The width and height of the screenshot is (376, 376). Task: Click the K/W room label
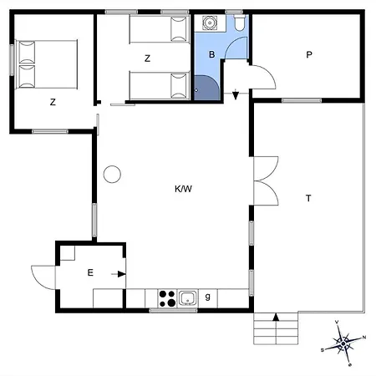click(183, 189)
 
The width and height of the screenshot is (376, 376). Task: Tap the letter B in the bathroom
click(212, 54)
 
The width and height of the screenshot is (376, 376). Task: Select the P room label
click(309, 54)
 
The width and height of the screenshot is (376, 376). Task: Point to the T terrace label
click(308, 198)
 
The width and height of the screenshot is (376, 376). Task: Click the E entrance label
click(90, 272)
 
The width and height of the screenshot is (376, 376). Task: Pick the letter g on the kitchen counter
click(207, 297)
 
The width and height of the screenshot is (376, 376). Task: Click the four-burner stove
click(167, 298)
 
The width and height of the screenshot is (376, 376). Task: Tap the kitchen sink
click(188, 298)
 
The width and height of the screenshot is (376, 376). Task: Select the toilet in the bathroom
click(240, 23)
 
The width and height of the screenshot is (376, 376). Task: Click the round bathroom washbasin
click(210, 23)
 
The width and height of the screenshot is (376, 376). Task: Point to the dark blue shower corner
click(206, 88)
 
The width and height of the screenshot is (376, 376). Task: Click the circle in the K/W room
click(112, 175)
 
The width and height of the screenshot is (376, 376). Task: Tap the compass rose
click(343, 343)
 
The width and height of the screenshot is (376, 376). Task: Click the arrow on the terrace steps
click(276, 317)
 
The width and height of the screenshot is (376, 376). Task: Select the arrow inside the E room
click(119, 274)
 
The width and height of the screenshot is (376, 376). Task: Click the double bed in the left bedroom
click(46, 64)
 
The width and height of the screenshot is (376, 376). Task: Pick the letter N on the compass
click(364, 338)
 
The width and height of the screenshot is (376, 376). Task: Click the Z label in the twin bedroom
click(147, 58)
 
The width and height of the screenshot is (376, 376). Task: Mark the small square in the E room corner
click(68, 253)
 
